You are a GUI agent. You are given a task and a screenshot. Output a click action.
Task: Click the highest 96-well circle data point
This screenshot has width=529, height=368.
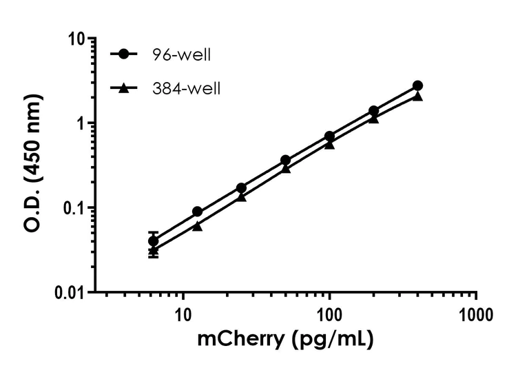[x=417, y=85]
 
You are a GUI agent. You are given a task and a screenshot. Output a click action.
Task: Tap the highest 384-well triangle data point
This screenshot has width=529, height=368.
[x=417, y=96]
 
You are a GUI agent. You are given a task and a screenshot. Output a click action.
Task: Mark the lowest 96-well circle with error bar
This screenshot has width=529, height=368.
[x=154, y=241]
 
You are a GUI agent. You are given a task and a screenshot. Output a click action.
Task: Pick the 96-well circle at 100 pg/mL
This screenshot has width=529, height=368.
[x=329, y=136]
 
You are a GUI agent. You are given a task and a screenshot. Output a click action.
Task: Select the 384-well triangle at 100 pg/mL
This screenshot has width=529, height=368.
[x=329, y=145]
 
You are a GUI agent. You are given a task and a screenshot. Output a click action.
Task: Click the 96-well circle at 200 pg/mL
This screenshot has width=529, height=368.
[x=373, y=111]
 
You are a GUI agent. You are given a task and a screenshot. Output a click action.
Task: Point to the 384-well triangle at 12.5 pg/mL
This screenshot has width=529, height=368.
[x=198, y=226]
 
